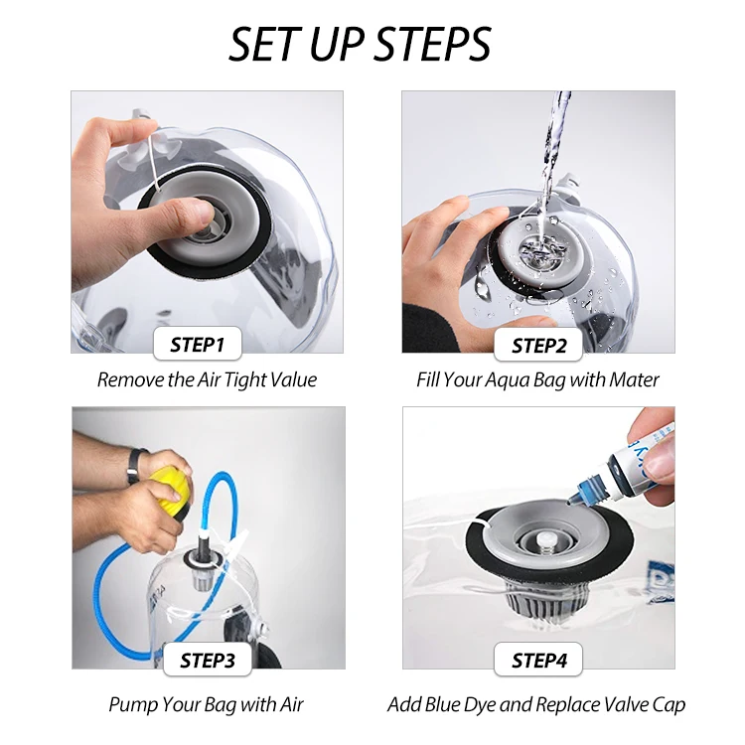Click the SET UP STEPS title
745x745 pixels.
point(360,44)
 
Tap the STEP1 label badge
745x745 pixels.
point(198,344)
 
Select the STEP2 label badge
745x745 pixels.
point(538,345)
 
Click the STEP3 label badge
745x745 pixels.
point(208,660)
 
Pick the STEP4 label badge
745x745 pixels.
point(538,660)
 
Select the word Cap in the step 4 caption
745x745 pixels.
point(669,705)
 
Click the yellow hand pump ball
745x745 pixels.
point(169,492)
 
